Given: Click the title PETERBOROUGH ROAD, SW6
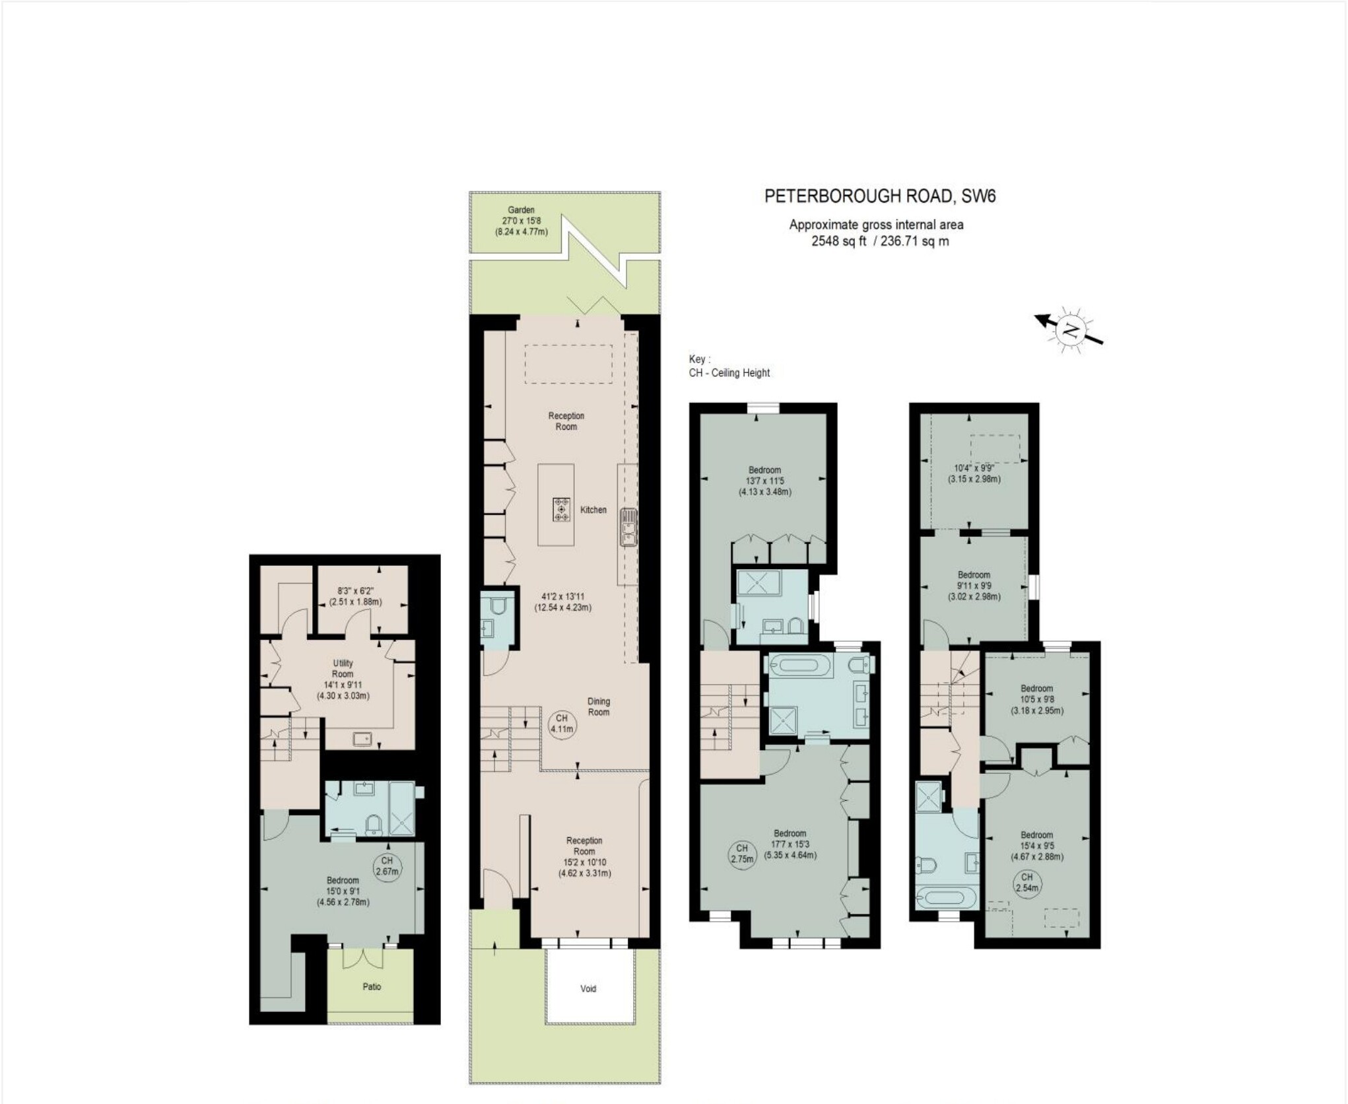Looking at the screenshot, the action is (x=880, y=196).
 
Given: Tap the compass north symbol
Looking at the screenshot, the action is (x=1069, y=330).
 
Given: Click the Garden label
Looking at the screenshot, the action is (x=521, y=210).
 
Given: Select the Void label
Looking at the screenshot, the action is (x=588, y=988).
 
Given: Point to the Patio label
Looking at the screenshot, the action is (x=372, y=986).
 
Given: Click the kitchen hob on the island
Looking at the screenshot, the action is (x=562, y=509).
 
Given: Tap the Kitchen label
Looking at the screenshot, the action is (x=593, y=510).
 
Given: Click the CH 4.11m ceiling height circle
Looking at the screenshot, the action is (x=562, y=724).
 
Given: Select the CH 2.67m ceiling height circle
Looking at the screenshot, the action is (x=387, y=866).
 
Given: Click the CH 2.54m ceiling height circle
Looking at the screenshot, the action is (x=1027, y=882).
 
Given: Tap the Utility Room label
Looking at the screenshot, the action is (x=343, y=668).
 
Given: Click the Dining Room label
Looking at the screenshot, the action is (x=599, y=707).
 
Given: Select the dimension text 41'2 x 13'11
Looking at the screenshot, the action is (x=563, y=596).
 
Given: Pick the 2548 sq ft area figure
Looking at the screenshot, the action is (x=838, y=242).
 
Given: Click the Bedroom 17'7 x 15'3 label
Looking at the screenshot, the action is (x=790, y=844).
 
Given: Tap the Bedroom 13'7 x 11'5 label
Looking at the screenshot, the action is (x=765, y=481).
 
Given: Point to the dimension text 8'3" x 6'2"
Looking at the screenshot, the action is (x=355, y=592).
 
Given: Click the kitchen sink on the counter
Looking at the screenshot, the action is (x=628, y=528).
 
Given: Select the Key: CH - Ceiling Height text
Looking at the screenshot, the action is (x=729, y=366).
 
